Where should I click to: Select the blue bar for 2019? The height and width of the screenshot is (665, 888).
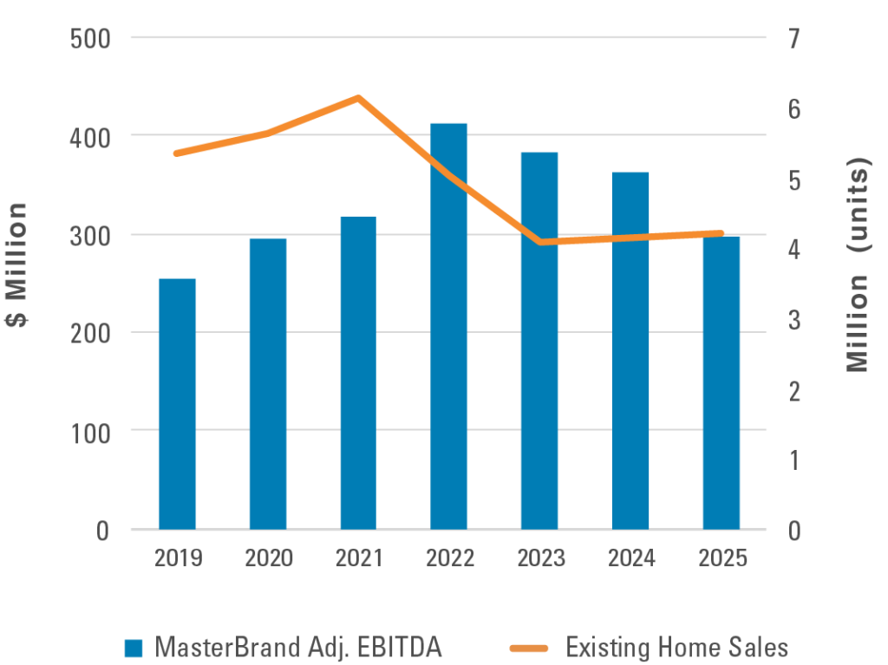[x=177, y=403]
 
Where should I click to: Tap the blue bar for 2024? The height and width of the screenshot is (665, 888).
[x=630, y=350]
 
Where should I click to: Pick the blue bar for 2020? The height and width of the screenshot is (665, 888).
[x=268, y=382]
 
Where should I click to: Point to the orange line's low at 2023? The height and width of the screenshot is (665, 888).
[x=540, y=242]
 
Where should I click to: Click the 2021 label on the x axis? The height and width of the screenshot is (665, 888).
[x=359, y=557]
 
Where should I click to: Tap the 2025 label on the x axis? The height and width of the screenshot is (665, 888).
[x=721, y=557]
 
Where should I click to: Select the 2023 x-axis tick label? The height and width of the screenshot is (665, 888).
[x=540, y=557]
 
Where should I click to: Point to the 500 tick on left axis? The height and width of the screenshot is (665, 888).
[x=90, y=39]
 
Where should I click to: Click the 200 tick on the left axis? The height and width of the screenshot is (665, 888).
[x=90, y=333]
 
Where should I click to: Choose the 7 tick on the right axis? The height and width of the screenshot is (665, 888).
[x=793, y=39]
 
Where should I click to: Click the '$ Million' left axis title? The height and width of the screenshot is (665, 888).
[x=17, y=264]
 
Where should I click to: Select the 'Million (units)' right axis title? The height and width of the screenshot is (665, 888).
[x=859, y=264]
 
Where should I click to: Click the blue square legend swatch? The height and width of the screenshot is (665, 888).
[x=133, y=648]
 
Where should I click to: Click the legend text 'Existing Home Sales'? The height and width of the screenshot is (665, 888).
[x=676, y=647]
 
